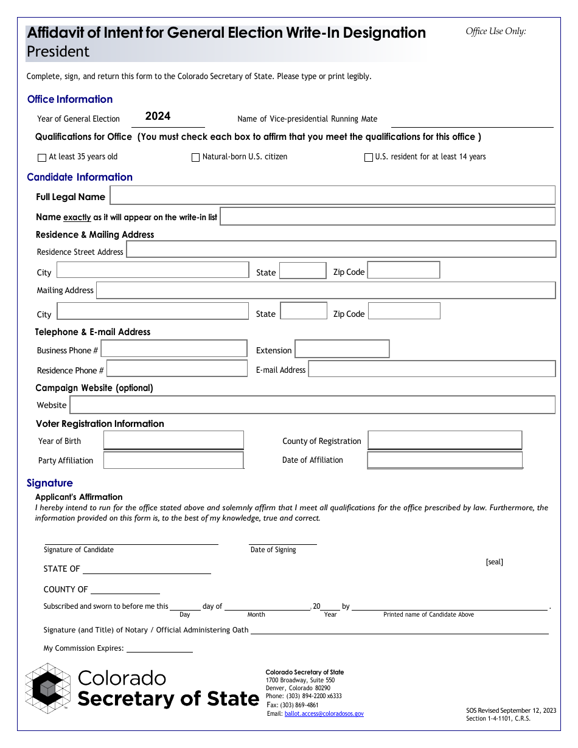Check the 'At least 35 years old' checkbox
(42, 158)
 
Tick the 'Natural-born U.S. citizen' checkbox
(195, 158)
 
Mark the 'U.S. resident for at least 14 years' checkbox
(368, 158)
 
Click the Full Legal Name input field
(332, 195)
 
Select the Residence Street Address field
(341, 249)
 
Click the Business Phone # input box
(174, 348)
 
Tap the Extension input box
(342, 349)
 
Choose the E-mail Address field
(432, 369)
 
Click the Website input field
(312, 405)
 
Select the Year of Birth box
(173, 440)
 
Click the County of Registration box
(445, 440)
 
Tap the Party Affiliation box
(173, 460)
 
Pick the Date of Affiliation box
(445, 460)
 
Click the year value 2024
(158, 116)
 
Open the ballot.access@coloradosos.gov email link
(324, 714)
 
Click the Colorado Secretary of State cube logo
(48, 688)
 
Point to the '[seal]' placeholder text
(494, 562)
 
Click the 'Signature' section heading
(49, 483)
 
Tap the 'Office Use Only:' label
(496, 32)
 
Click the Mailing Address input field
(326, 290)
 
